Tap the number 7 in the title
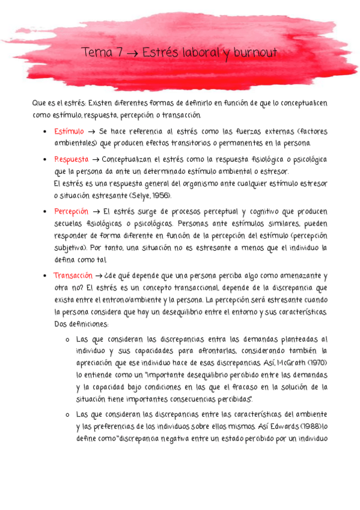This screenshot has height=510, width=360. [x=120, y=54]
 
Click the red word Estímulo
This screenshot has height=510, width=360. [x=69, y=132]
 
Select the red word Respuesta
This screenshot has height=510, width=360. [x=70, y=159]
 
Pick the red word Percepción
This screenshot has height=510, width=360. [x=71, y=212]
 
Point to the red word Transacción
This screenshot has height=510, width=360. [x=73, y=276]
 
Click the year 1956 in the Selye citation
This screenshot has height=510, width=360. [x=161, y=195]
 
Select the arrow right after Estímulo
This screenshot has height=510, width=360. [x=91, y=132]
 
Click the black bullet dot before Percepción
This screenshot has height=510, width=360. [x=46, y=212]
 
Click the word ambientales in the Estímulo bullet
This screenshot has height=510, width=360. [x=75, y=143]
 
